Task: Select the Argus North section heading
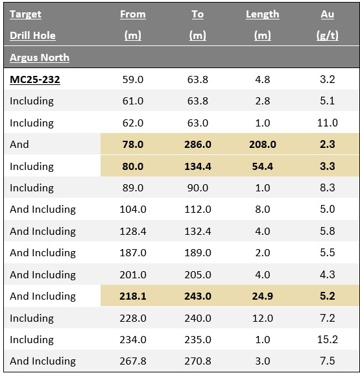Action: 40,58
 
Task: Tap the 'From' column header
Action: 133,14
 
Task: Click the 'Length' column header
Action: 262,14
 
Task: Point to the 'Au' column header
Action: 327,14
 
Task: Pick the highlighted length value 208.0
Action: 262,145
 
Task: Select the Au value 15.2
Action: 328,339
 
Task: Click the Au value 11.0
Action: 328,123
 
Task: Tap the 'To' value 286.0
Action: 197,145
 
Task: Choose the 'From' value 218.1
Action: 133,296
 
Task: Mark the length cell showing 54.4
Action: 262,166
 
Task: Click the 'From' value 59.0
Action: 133,80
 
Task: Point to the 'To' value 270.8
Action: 197,361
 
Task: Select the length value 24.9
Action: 262,296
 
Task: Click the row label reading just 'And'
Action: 19,145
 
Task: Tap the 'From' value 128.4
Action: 133,231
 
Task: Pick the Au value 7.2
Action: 328,318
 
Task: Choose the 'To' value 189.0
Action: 197,253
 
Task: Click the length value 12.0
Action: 262,318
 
